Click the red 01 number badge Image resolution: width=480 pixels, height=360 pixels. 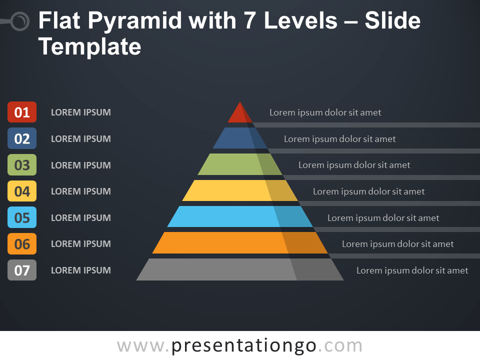point(22,112)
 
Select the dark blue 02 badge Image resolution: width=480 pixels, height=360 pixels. point(22,138)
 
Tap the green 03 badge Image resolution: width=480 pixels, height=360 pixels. point(22,165)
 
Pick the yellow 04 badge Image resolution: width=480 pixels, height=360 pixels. point(22,191)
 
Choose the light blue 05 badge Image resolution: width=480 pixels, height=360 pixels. point(22,217)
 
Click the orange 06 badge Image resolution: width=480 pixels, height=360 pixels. point(22,243)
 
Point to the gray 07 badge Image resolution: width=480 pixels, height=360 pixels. point(22,270)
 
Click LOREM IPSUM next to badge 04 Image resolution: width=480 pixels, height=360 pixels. point(81,191)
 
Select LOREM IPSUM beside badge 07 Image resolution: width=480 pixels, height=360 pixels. point(81,270)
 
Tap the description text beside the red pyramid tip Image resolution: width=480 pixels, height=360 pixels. point(325,112)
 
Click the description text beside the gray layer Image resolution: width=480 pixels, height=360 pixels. point(412,270)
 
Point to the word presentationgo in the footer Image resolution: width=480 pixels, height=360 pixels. point(244,345)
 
